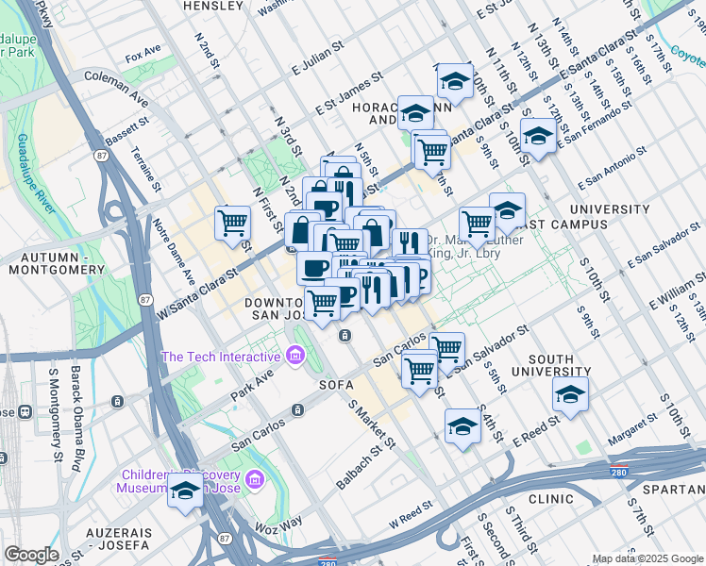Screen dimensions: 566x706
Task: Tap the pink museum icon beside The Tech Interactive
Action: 295,356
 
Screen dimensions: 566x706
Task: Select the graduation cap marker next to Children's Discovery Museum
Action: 185,491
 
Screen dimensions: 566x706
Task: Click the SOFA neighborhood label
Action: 336,385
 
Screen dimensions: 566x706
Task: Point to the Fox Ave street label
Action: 143,56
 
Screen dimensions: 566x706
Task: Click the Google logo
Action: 32,555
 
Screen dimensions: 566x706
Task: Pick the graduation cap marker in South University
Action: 570,396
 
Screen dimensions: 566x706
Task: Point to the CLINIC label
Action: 551,497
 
